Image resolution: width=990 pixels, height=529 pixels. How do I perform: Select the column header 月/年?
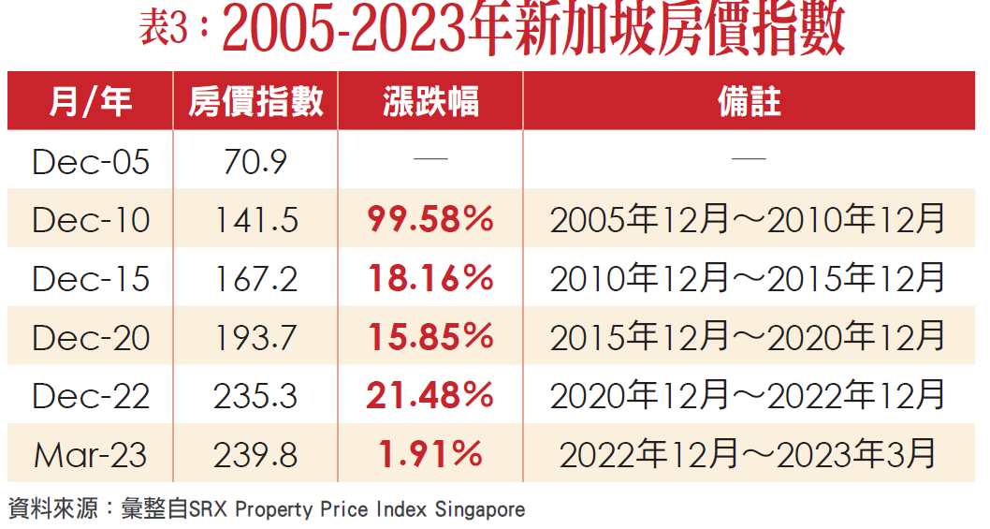point(90,101)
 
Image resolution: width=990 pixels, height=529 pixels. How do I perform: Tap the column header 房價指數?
point(255,101)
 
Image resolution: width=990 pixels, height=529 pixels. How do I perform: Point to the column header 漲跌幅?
point(430,101)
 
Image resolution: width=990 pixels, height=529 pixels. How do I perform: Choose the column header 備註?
point(749,101)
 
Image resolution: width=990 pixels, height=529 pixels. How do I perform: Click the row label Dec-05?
point(90,162)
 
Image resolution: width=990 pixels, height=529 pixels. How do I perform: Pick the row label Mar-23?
point(90,455)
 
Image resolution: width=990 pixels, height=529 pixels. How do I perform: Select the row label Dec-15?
point(90,279)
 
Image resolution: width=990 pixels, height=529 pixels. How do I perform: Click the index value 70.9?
point(255,162)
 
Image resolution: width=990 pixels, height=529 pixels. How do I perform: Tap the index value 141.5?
point(255,220)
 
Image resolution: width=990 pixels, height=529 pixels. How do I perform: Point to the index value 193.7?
point(255,337)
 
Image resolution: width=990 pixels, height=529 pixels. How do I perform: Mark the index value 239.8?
point(255,455)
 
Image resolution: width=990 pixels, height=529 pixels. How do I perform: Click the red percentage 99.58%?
point(430,220)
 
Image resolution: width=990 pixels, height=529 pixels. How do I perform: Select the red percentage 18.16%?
point(430,279)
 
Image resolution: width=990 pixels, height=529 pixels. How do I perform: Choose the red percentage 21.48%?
point(430,396)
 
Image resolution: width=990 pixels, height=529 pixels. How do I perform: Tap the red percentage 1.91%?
point(430,455)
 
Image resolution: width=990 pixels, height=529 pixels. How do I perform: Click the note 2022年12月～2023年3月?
point(748,455)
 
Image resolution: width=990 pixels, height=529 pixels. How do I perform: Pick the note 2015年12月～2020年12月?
point(748,337)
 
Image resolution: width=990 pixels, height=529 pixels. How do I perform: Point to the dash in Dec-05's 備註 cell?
point(748,160)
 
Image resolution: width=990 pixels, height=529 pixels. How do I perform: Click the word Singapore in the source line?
point(484,510)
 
